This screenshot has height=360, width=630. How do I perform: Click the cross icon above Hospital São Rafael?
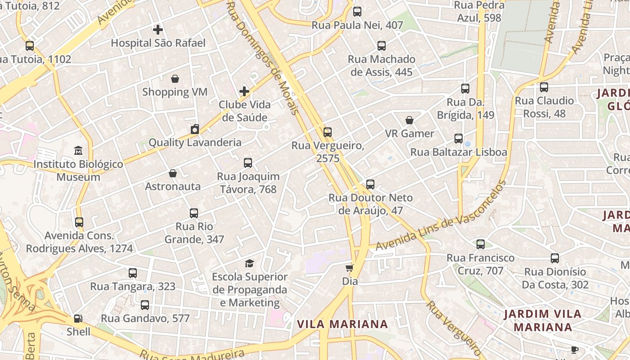click(157, 30)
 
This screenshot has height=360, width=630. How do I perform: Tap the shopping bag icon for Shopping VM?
click(175, 79)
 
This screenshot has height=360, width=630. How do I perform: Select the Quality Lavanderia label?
click(195, 143)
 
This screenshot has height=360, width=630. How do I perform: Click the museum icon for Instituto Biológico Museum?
click(78, 150)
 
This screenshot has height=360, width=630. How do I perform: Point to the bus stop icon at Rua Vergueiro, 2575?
click(328, 132)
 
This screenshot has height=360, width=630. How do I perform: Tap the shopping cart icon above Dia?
click(349, 268)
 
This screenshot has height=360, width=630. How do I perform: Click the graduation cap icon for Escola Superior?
click(249, 263)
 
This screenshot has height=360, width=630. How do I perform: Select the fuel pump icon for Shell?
click(78, 319)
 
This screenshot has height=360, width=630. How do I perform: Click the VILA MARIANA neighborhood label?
click(342, 324)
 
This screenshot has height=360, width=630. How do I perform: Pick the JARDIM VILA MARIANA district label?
click(542, 320)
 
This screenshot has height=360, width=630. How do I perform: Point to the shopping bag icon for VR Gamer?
click(409, 120)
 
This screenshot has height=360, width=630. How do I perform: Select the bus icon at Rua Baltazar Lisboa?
click(459, 139)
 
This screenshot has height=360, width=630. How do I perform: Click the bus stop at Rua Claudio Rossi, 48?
click(544, 87)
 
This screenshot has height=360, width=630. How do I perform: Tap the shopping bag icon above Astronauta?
click(173, 173)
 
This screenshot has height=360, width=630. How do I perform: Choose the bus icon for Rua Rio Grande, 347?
click(194, 213)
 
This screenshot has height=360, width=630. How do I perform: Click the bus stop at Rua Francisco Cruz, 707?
click(481, 244)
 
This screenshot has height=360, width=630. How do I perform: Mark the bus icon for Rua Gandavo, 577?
click(145, 305)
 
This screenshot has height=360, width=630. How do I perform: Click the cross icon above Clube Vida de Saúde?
click(244, 91)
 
